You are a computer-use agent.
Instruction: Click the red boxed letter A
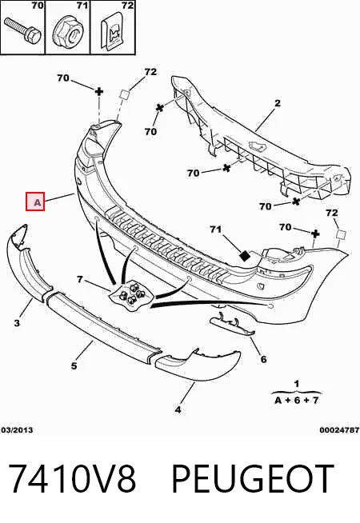point(35,202)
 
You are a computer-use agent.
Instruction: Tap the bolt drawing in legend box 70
point(22,30)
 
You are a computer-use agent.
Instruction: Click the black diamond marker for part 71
point(245,256)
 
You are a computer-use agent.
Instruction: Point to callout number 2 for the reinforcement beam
point(278,103)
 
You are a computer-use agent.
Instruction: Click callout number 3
point(17,323)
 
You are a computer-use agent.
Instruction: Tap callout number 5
point(74,366)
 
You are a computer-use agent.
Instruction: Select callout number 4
point(178,409)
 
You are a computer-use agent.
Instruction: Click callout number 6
point(263,359)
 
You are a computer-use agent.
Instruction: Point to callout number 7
point(80,279)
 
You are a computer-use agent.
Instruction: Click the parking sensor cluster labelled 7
point(133,294)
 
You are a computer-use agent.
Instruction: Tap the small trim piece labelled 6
point(233,325)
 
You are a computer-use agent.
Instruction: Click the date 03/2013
point(17,430)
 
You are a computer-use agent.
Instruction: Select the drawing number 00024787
point(339,430)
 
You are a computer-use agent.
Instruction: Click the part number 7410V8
point(72,479)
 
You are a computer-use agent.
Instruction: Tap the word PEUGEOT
point(253,479)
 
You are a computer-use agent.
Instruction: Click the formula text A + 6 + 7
point(297,401)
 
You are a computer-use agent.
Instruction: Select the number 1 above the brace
point(297,384)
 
